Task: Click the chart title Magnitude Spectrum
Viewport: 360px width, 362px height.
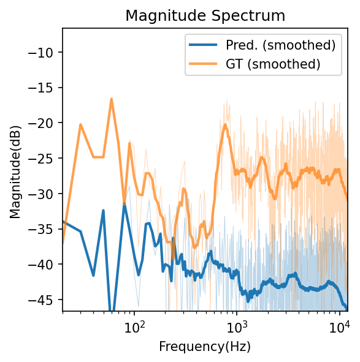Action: click(x=205, y=16)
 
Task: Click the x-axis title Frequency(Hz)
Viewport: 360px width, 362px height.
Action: click(x=205, y=347)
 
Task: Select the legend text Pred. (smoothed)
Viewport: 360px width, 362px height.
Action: click(x=281, y=45)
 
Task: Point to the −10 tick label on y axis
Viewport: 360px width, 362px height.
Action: click(x=43, y=52)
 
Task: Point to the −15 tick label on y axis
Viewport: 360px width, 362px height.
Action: click(x=43, y=88)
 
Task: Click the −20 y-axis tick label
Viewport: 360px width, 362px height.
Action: click(x=43, y=123)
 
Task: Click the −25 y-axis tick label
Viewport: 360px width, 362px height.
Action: click(x=43, y=159)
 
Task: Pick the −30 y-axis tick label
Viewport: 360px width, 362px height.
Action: click(x=43, y=194)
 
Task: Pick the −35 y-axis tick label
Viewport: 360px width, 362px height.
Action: click(x=43, y=229)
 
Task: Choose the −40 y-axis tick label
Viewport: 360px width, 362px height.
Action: click(x=43, y=265)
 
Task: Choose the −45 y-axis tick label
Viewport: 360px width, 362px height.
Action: click(x=43, y=300)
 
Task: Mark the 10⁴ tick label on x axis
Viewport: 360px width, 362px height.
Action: click(x=339, y=325)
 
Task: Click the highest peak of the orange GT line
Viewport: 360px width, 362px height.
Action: click(x=112, y=99)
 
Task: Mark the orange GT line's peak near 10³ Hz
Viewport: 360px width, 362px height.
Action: click(x=225, y=125)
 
